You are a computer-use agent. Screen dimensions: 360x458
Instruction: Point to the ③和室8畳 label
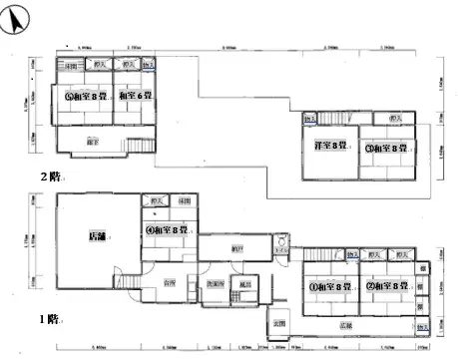(383, 149)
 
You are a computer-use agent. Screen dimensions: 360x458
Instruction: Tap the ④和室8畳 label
(167, 230)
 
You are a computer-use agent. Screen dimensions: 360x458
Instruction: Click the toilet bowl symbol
(282, 243)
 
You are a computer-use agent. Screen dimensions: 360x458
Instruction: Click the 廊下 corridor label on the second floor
(92, 143)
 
